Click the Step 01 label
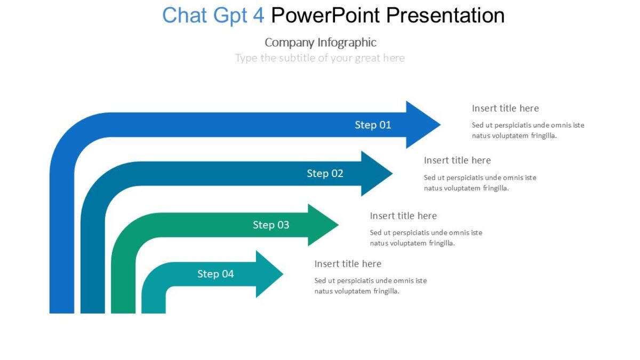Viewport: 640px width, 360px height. point(373,125)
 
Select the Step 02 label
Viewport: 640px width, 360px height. point(325,173)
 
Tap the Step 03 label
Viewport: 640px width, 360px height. point(271,225)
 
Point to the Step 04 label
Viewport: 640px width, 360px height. point(215,274)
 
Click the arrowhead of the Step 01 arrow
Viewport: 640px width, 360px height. point(421,125)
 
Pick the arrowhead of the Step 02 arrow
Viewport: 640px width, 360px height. point(374,173)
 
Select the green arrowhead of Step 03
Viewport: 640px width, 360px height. point(321,225)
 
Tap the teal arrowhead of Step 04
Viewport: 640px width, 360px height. point(267,274)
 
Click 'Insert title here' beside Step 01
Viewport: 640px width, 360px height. point(505,108)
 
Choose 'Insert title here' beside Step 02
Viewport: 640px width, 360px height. point(457,160)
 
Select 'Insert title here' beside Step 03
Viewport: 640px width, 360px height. point(403,216)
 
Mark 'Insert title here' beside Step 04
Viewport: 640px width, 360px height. point(348,264)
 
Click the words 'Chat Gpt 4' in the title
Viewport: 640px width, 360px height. point(213,15)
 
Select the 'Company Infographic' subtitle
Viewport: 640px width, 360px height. point(320,43)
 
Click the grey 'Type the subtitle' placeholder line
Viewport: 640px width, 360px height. point(320,58)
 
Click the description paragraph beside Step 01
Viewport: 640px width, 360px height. point(528,130)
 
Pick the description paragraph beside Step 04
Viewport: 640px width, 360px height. point(371,286)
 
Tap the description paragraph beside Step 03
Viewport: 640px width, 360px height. point(426,238)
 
